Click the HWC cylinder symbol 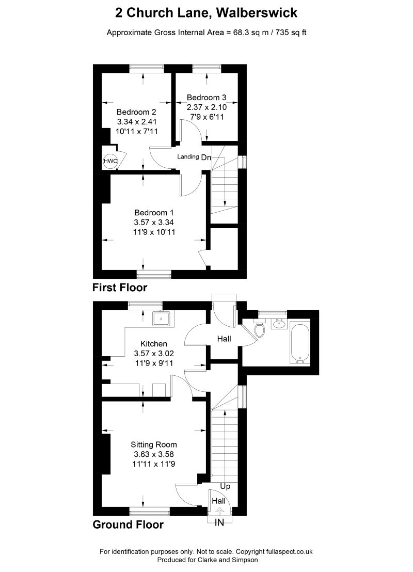click(x=110, y=162)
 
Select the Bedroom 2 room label click(x=136, y=112)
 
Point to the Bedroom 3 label click(x=206, y=97)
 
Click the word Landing click(x=188, y=157)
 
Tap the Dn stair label click(x=206, y=157)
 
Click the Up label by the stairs click(x=225, y=486)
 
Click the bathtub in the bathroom click(x=300, y=342)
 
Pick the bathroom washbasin click(x=279, y=324)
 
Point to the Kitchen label click(x=154, y=344)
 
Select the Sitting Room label click(x=154, y=444)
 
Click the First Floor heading click(x=120, y=288)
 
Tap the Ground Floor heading click(x=128, y=525)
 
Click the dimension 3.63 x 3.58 click(x=154, y=454)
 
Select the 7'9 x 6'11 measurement click(x=206, y=117)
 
